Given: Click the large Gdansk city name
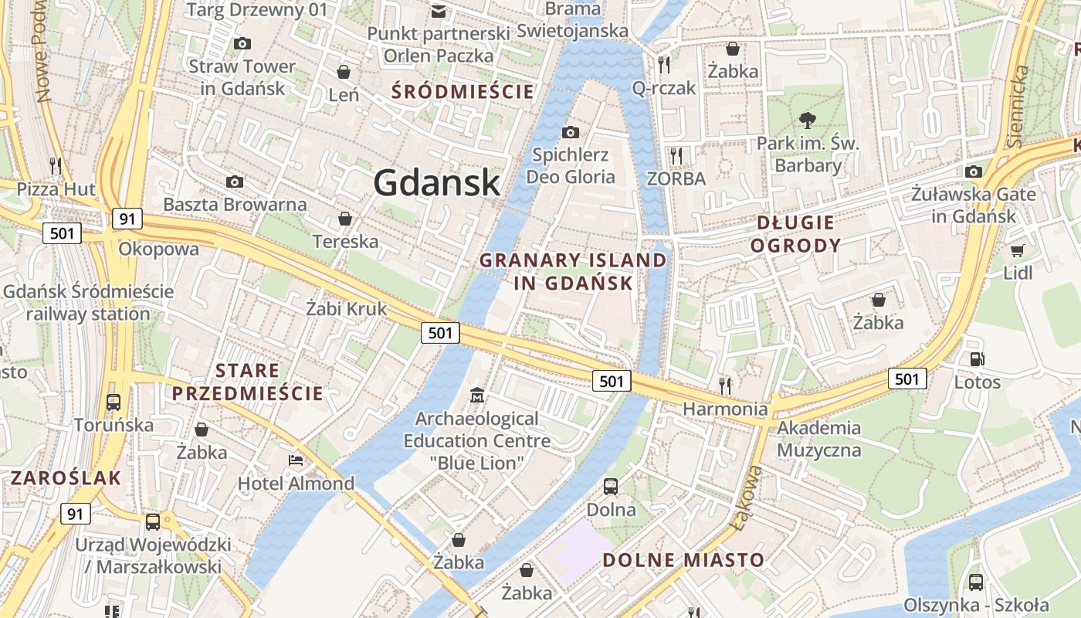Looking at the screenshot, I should click(x=437, y=183).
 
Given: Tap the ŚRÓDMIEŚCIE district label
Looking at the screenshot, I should click(x=463, y=92).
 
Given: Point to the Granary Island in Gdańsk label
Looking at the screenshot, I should click(x=573, y=271).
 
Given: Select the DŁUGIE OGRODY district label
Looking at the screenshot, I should click(x=795, y=234).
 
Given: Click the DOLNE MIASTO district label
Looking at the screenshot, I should click(x=683, y=560).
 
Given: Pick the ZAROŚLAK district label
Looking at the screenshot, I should click(x=66, y=477).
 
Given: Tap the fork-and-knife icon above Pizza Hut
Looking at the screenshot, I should click(x=56, y=165).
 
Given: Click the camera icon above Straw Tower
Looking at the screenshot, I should click(x=242, y=44).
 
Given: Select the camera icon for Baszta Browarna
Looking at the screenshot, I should click(x=235, y=182).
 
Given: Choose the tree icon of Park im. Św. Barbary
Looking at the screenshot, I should click(x=808, y=120).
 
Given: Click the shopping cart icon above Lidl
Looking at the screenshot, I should click(x=1018, y=250).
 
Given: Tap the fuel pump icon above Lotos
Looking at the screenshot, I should click(x=977, y=358).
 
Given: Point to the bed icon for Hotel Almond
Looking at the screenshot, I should click(x=296, y=460).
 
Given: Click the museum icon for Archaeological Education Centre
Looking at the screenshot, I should click(x=477, y=396).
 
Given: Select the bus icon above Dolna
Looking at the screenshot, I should click(x=611, y=486).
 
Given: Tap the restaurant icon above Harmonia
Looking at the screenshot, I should click(x=725, y=385).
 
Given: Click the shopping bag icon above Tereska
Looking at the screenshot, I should click(x=345, y=219).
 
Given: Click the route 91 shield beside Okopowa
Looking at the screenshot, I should click(x=127, y=219).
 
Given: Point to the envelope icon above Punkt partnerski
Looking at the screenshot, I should click(x=439, y=11).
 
